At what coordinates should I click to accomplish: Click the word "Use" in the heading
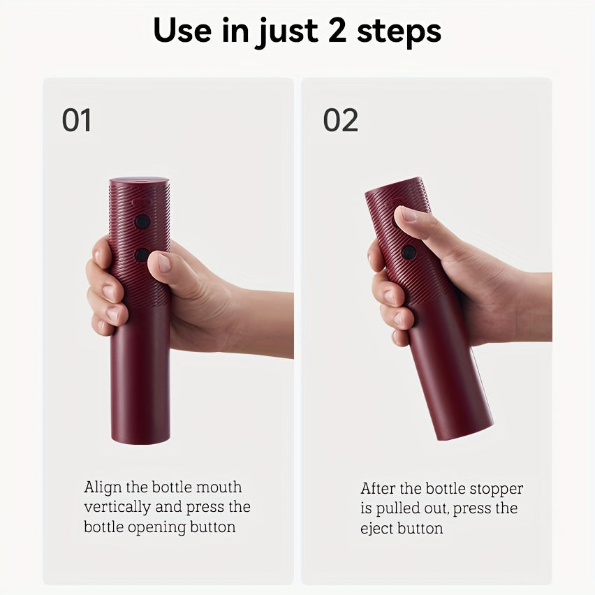(x=182, y=30)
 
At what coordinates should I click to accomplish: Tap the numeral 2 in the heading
(x=337, y=30)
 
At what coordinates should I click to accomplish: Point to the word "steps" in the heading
(x=399, y=33)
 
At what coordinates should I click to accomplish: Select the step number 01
(x=76, y=120)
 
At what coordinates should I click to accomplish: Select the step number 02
(x=340, y=120)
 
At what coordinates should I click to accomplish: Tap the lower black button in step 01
(x=142, y=255)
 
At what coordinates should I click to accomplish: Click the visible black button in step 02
(x=409, y=252)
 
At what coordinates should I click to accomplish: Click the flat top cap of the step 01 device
(x=139, y=180)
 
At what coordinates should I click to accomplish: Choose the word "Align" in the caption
(x=102, y=487)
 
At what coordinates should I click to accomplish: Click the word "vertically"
(x=117, y=507)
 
